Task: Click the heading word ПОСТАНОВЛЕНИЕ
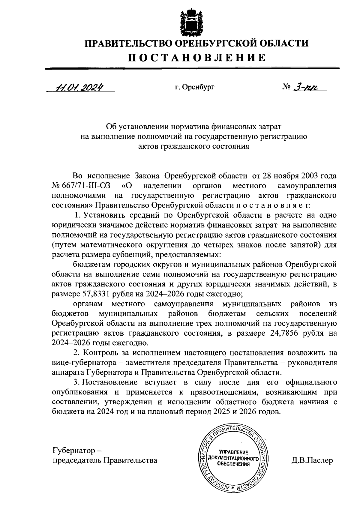(197, 57)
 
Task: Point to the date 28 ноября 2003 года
(299, 176)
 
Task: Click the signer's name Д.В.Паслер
(312, 460)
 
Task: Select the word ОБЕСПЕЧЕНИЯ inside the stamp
(234, 464)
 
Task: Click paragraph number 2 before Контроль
(76, 353)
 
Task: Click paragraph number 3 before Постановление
(76, 382)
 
